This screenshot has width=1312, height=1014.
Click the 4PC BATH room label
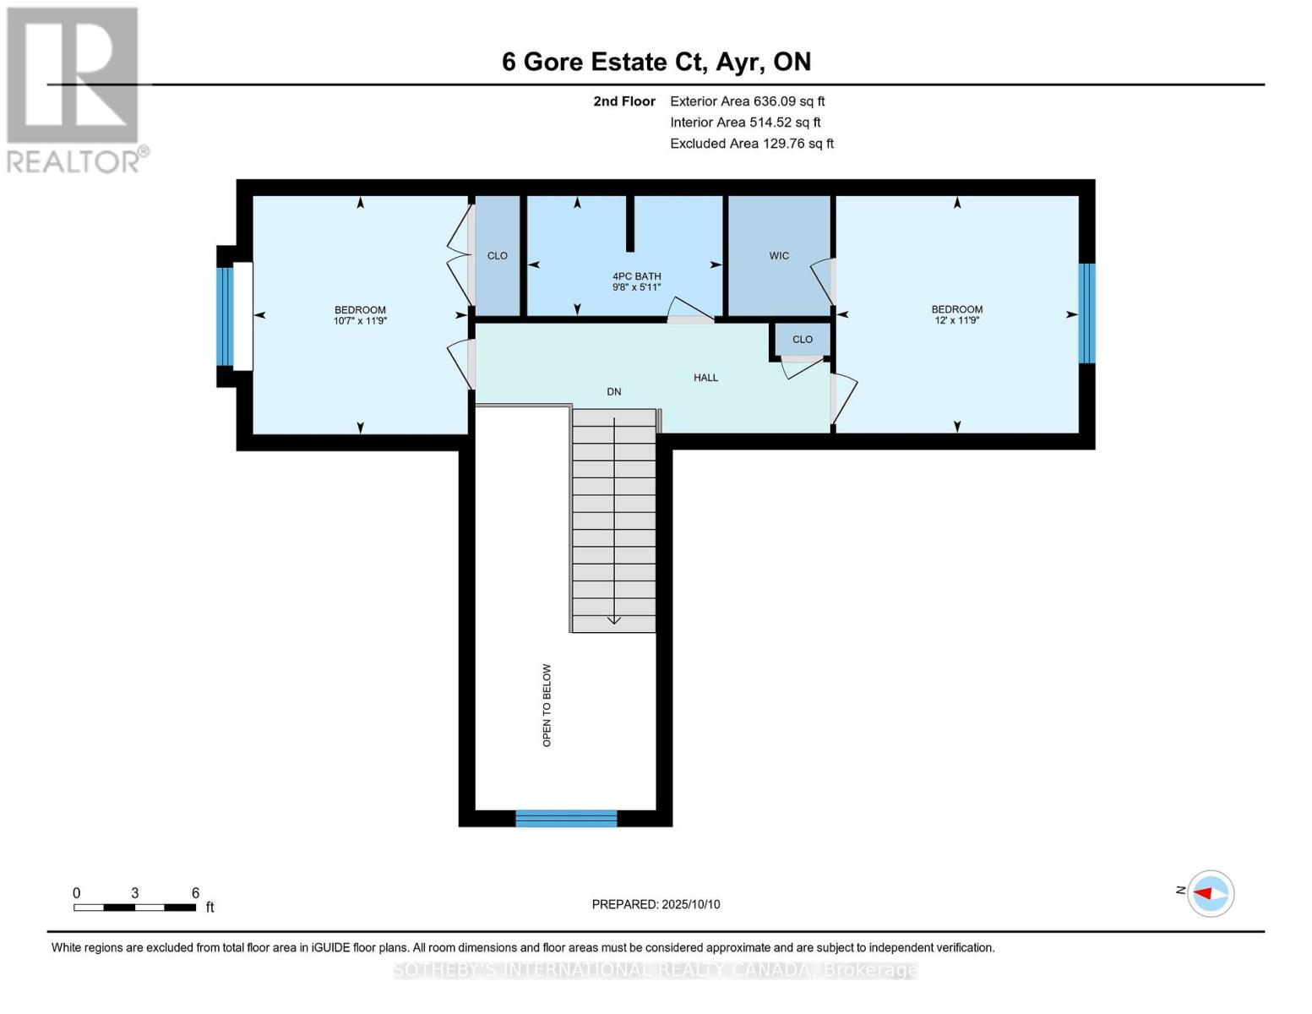[x=636, y=276]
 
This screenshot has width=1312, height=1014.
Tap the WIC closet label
[x=778, y=256]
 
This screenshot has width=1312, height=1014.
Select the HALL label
[x=705, y=378]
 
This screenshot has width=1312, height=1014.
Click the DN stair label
[x=614, y=392]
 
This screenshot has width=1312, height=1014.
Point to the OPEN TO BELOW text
[x=547, y=705]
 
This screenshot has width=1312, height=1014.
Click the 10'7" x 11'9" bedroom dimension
[x=360, y=321]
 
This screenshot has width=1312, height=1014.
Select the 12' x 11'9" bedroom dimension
[x=956, y=321]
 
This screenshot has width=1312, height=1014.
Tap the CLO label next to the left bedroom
[x=497, y=256]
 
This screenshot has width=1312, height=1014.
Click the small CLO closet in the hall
[x=802, y=340]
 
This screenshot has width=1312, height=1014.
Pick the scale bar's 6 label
[x=195, y=893]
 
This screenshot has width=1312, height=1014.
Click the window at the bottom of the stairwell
[x=566, y=818]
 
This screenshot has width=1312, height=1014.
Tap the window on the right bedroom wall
[x=1086, y=313]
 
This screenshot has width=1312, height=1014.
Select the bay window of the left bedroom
[x=225, y=316]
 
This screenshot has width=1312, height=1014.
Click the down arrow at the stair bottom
[x=614, y=620]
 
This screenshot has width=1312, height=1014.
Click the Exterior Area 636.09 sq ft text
[x=747, y=101]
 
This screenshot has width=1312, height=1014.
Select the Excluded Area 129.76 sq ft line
[x=751, y=144]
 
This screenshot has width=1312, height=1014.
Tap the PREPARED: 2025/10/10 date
[x=656, y=904]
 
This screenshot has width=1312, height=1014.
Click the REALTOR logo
[x=73, y=89]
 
